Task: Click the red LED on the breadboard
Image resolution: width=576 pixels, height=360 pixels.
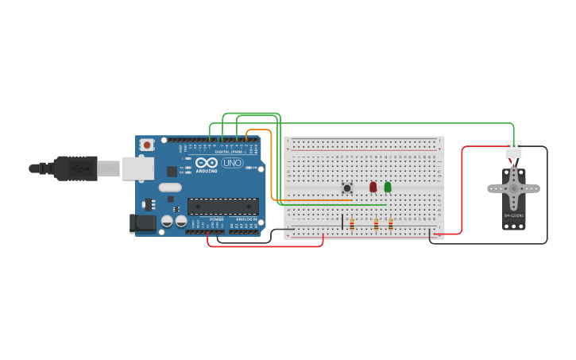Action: point(373,187)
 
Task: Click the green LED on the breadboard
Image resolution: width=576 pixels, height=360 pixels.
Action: point(388,187)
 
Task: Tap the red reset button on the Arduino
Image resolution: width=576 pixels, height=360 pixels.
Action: point(147,145)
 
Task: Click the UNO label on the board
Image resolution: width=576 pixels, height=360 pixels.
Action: point(232,163)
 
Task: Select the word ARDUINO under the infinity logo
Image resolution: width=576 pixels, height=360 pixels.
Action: point(207,171)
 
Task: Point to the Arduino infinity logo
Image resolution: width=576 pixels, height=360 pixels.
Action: point(207,163)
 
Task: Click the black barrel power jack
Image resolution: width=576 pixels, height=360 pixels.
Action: point(143,223)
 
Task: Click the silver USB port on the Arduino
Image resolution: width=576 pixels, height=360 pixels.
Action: point(138,168)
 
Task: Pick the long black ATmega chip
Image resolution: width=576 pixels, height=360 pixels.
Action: point(222,207)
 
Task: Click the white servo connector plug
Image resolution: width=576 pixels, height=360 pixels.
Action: point(513,149)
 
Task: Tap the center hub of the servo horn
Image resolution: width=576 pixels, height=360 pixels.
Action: point(513,188)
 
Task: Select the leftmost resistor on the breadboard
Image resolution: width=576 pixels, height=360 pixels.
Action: point(352,225)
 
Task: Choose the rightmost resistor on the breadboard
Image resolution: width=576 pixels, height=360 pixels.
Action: point(391,225)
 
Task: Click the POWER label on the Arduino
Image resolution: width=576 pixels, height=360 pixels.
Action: point(216,219)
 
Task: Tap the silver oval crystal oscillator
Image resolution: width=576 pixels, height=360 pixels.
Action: point(169,188)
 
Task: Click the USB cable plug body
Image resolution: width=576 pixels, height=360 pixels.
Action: point(76,168)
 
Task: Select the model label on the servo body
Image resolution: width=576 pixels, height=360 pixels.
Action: point(513,215)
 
